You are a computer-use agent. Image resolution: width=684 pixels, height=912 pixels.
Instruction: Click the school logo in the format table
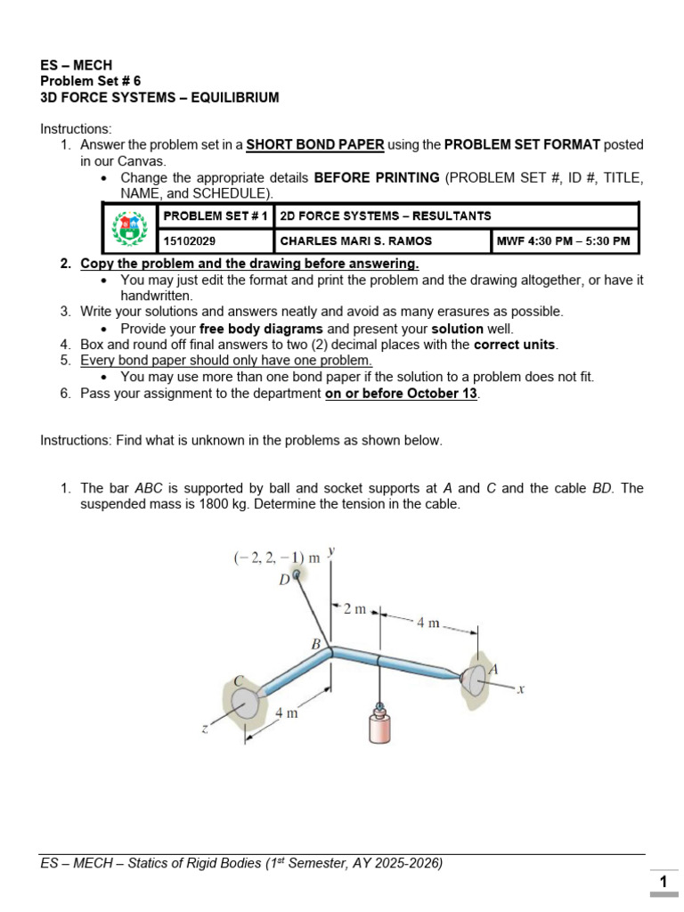[128, 228]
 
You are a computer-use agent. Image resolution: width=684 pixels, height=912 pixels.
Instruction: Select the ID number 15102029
[189, 240]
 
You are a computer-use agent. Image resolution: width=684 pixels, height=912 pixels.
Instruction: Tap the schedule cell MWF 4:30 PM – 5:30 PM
[563, 240]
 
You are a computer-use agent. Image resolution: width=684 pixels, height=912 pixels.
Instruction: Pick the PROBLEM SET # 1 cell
[215, 216]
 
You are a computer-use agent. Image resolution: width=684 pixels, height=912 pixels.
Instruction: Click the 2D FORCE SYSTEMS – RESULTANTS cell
[385, 216]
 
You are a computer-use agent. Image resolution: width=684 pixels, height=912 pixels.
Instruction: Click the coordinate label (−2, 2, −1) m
[276, 558]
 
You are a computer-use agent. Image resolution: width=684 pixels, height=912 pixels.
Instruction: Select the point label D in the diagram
[284, 580]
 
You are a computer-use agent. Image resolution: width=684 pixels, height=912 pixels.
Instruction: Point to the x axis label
[521, 688]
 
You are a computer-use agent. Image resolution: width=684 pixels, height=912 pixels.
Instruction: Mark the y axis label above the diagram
[330, 551]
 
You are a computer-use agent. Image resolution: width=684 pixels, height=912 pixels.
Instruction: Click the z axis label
[205, 729]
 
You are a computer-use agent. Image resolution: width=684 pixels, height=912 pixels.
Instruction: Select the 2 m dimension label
[354, 609]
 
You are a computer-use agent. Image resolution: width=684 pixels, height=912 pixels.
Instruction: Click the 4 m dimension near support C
[286, 713]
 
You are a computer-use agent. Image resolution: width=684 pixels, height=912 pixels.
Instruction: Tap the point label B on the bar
[315, 643]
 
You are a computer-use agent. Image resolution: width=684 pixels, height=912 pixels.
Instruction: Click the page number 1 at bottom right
[663, 882]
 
